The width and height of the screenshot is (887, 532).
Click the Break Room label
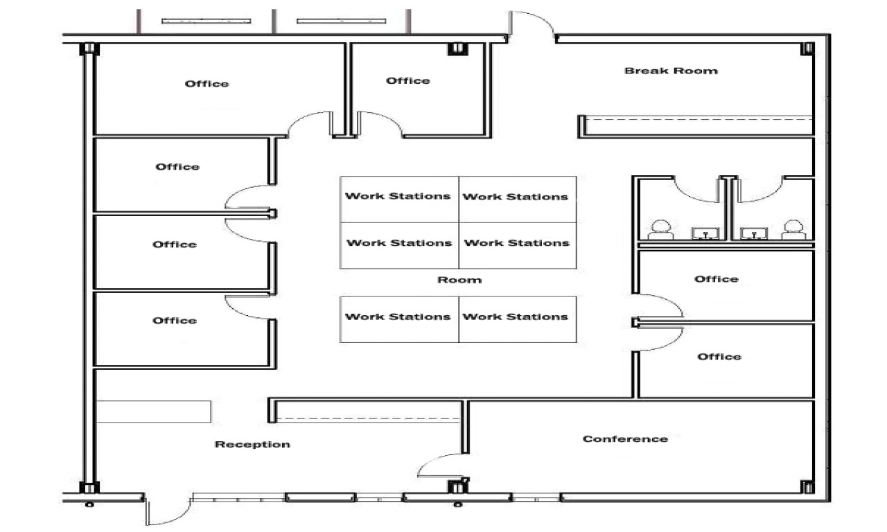point(671,71)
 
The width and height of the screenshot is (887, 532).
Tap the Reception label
point(252,444)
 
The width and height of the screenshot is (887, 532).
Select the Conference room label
point(625,438)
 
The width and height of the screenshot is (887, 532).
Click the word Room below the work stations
point(459,280)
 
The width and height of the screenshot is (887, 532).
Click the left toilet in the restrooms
point(660,229)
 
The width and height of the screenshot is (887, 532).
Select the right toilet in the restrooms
point(794,229)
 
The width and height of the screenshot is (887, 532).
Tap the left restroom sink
point(706,233)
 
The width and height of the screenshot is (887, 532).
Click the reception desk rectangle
point(153,411)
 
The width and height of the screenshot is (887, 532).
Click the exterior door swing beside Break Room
point(532,24)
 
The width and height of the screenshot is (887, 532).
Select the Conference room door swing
point(441,465)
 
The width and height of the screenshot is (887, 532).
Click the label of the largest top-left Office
point(207,84)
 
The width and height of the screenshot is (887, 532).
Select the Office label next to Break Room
point(407,81)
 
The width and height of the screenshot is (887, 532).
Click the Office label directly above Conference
point(719,356)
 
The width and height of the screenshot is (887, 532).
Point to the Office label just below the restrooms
point(717,279)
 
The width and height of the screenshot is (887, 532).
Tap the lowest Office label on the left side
point(175,321)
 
